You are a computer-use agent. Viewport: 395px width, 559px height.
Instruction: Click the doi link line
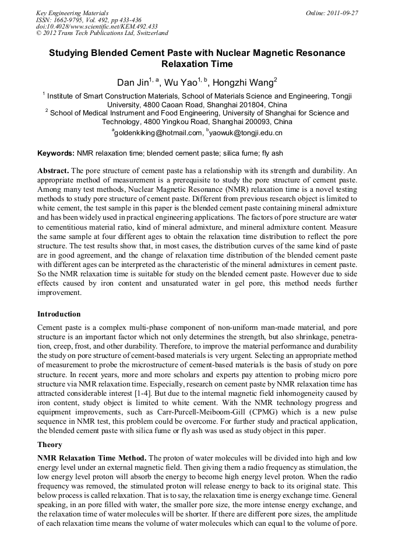click(97, 26)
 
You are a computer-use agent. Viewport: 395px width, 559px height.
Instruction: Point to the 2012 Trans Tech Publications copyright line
click(102, 33)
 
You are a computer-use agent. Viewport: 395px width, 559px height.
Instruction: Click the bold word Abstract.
click(54, 171)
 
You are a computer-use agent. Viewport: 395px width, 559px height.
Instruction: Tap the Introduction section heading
click(59, 314)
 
